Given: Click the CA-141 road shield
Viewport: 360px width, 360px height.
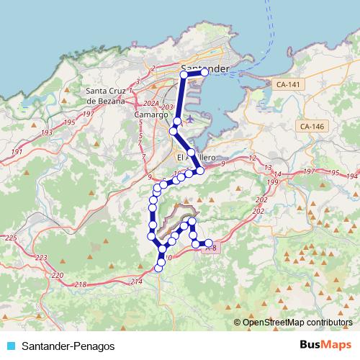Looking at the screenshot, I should tap(288, 84).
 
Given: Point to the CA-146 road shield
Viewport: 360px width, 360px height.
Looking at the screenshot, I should tap(311, 126).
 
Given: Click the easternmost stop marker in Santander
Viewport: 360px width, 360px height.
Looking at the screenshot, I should tap(204, 72).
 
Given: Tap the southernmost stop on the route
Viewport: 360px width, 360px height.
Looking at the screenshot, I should tap(158, 269).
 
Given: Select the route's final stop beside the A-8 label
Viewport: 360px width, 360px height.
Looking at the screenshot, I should tap(209, 243).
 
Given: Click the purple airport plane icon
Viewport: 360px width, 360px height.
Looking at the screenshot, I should tap(189, 118).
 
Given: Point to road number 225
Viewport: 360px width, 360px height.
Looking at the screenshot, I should tap(10, 238).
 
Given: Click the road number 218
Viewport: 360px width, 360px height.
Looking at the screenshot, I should tap(80, 285).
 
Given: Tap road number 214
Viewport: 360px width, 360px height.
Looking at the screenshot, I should tap(137, 282).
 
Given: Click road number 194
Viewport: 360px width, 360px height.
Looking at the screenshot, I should tap(351, 176).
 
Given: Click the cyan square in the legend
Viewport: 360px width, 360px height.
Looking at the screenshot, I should tap(10, 346).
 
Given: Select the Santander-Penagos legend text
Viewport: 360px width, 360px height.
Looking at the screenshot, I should tap(68, 346).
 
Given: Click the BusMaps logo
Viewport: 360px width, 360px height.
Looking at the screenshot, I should tap(325, 344).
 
